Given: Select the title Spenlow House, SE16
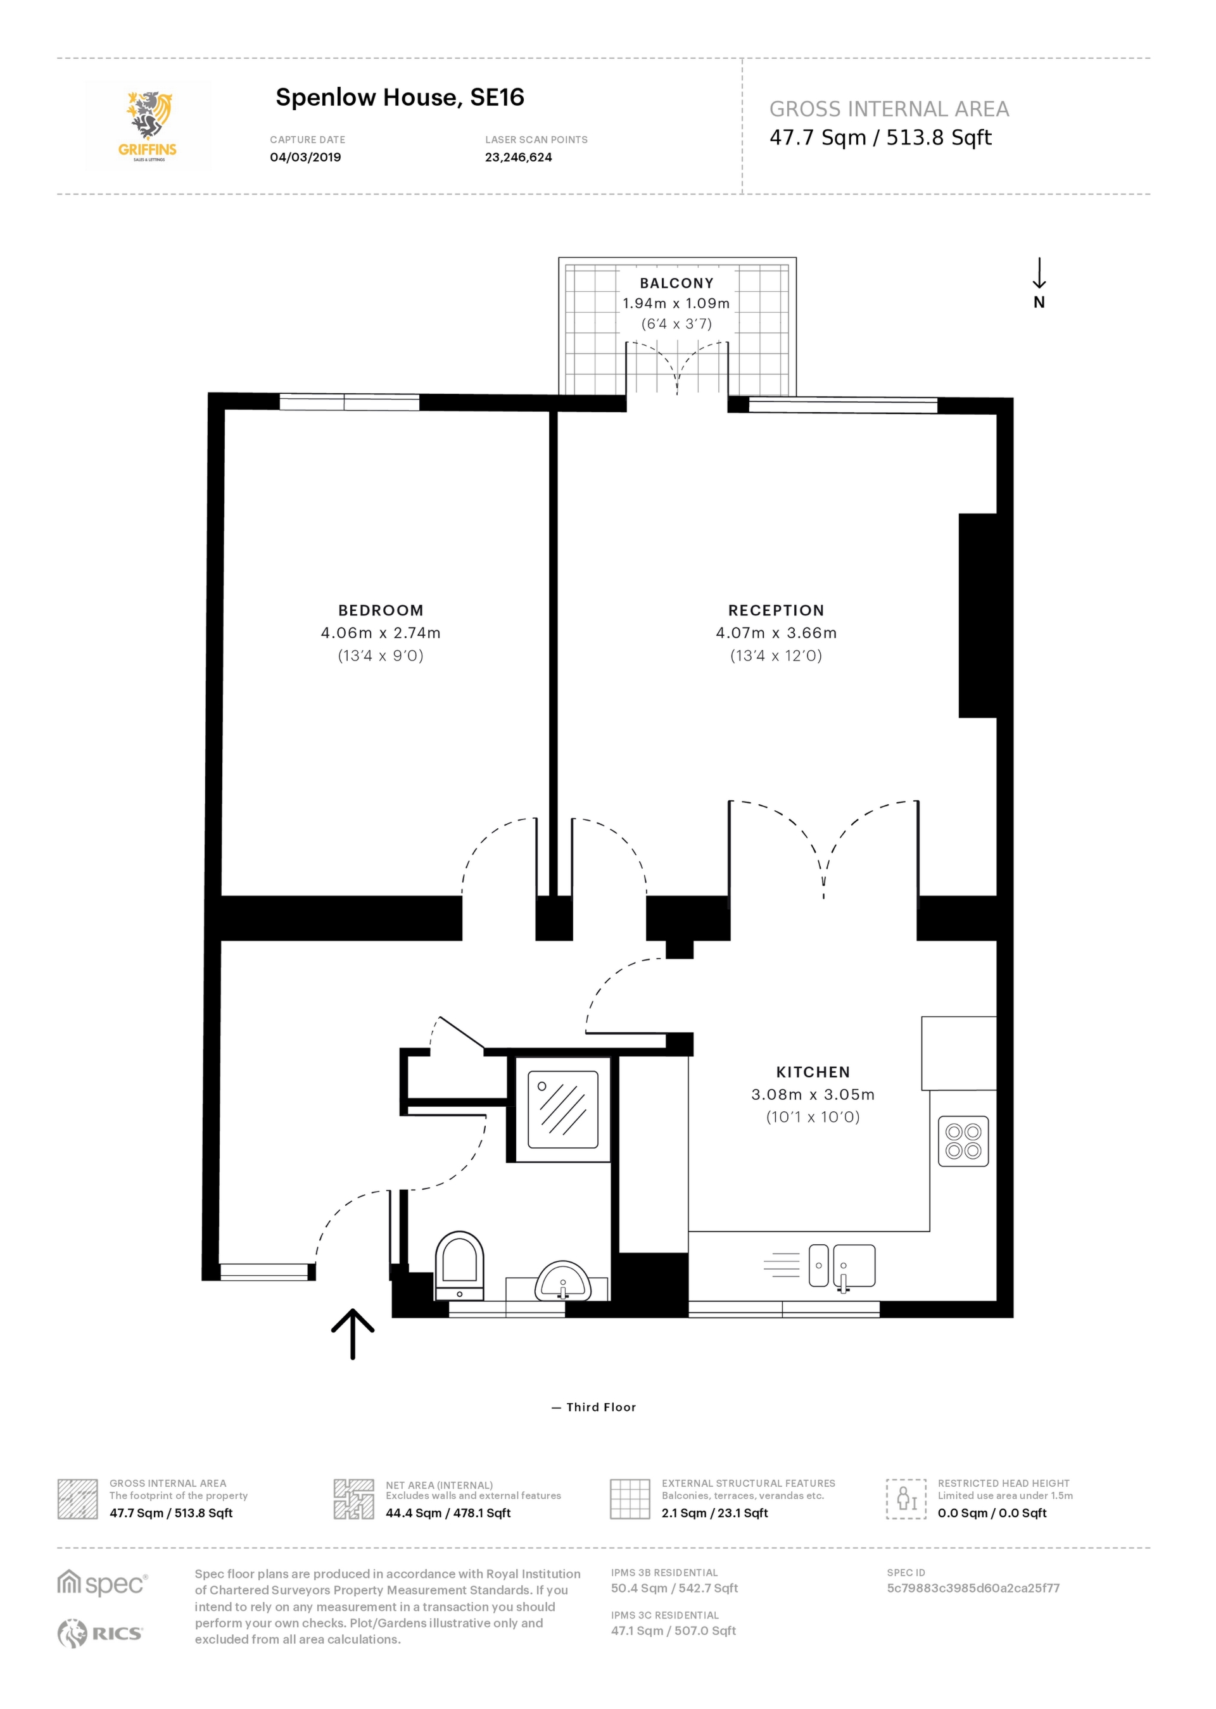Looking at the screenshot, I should coord(399,98).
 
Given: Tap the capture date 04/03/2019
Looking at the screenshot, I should coord(305,157).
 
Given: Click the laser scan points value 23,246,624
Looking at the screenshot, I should coord(518,157).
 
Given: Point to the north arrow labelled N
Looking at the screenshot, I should coord(1039,284).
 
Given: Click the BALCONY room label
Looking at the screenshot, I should coord(676,283).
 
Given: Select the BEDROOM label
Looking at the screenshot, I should coord(381,610).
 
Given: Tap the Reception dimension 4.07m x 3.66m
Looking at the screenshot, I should coord(776,633).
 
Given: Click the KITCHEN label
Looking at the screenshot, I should coord(813,1072).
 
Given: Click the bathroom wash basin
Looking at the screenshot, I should coord(563,1282).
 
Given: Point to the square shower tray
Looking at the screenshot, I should coord(562,1109).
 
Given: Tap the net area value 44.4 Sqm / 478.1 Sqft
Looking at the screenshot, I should coord(448,1513).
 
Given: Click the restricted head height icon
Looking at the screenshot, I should coord(906,1499).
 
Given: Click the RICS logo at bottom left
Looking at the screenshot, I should coord(100,1634).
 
